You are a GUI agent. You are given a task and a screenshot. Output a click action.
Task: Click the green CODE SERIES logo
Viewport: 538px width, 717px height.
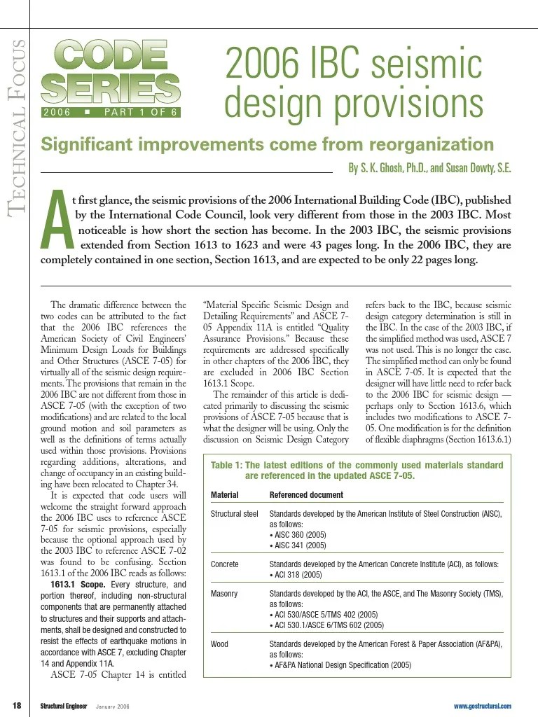click(x=110, y=71)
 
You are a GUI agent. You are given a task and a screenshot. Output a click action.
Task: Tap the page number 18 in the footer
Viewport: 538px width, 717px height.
click(x=17, y=705)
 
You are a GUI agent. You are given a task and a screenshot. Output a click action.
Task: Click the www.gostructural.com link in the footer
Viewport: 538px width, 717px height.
click(x=482, y=706)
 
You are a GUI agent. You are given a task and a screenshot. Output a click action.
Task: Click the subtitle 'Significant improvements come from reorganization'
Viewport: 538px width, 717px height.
click(x=267, y=145)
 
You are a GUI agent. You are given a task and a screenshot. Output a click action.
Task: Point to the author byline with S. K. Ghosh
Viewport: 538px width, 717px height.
click(x=429, y=168)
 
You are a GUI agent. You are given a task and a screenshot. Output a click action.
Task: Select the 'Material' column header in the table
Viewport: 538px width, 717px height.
click(x=224, y=494)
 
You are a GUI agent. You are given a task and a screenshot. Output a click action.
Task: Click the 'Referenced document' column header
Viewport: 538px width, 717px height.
click(x=306, y=494)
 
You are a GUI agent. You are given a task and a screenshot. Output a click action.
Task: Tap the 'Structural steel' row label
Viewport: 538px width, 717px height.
click(x=234, y=514)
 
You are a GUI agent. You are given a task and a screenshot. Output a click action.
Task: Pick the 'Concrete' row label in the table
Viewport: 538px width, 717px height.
click(x=224, y=564)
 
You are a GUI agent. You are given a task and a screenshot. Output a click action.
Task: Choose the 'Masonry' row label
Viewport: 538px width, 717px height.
click(x=224, y=594)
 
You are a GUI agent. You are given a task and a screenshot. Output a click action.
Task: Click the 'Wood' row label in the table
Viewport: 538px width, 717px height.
click(x=219, y=644)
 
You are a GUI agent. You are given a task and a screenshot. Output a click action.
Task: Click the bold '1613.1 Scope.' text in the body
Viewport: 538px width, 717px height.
click(x=78, y=585)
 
